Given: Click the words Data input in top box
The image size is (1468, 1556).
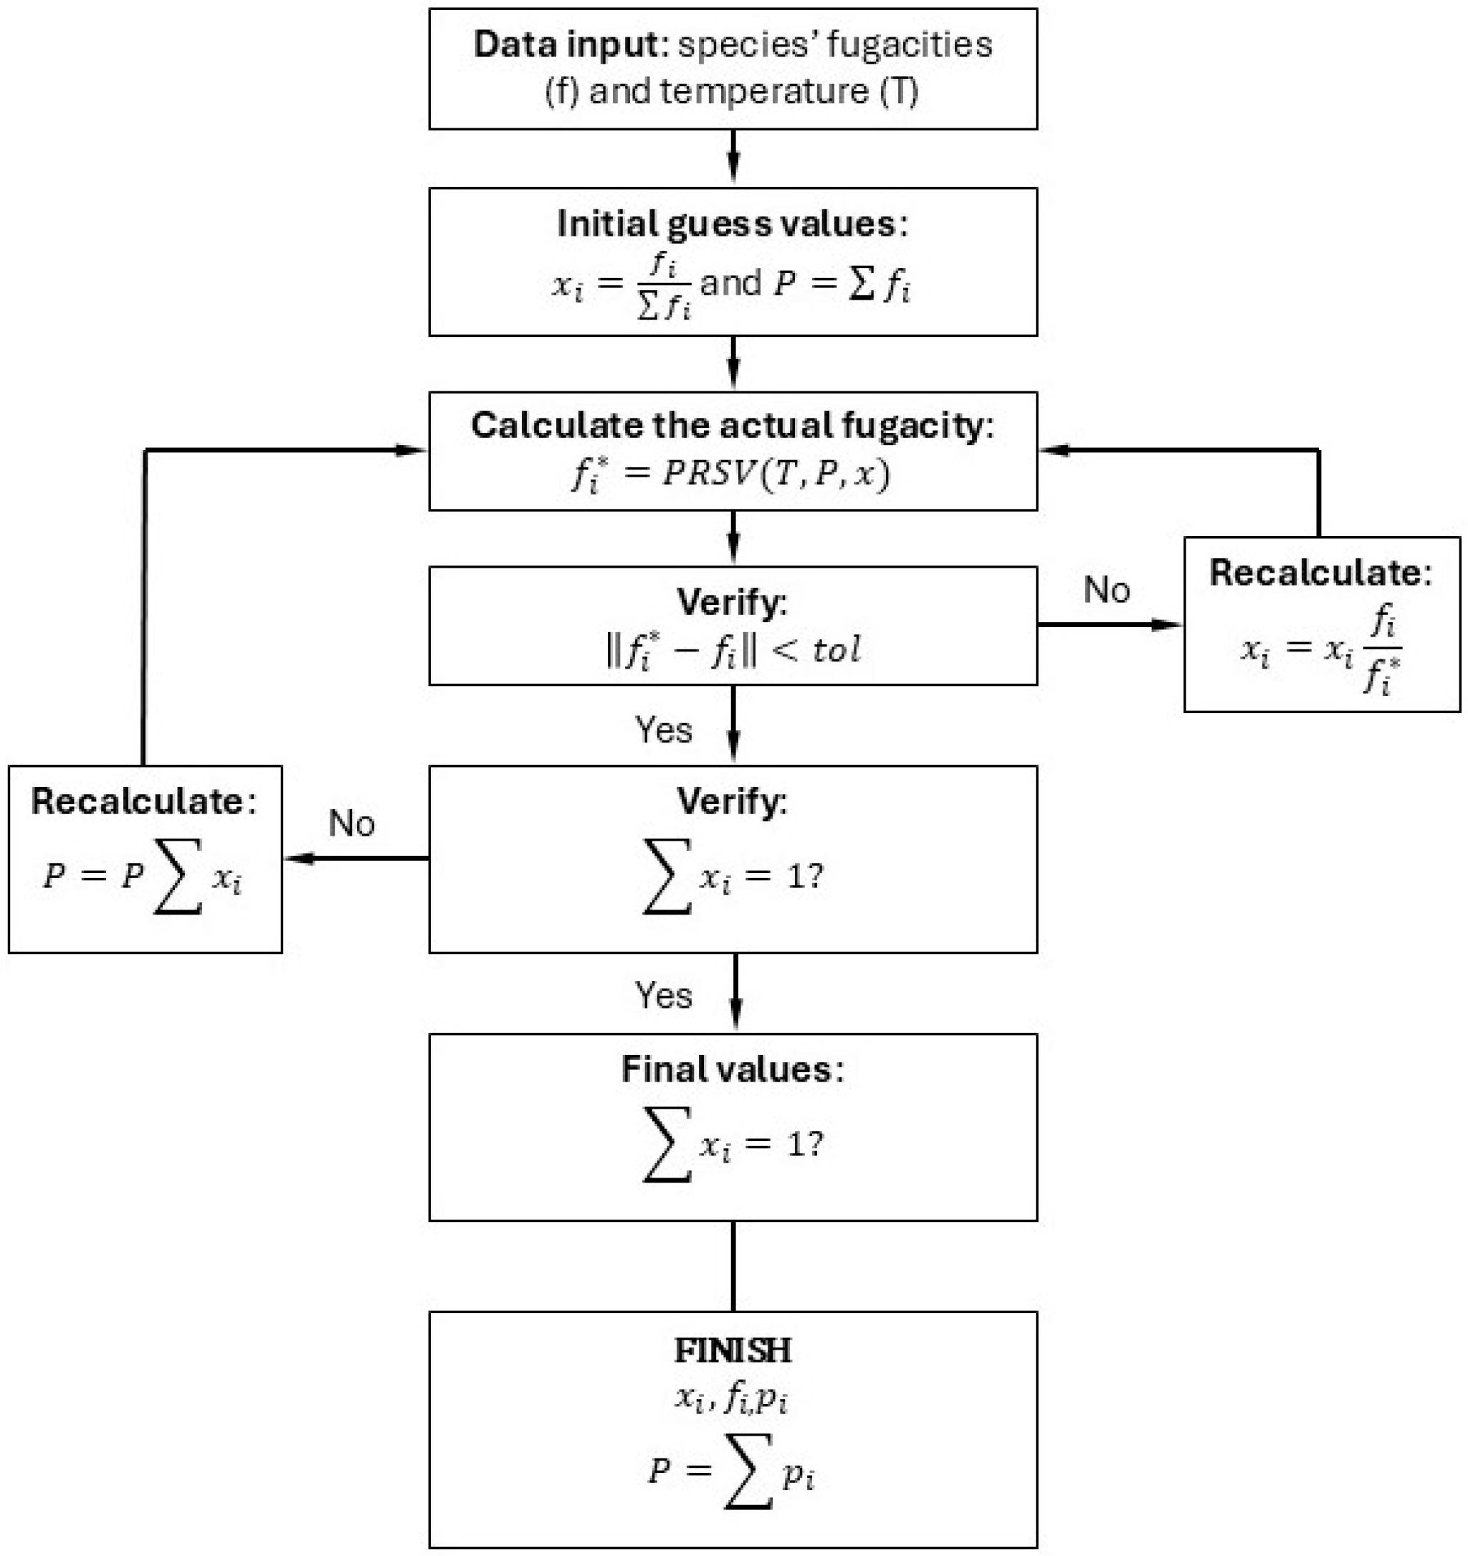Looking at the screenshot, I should point(568,44).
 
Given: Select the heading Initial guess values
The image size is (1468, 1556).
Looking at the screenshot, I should point(732,224).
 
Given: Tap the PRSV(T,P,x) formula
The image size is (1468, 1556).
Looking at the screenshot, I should point(732,474).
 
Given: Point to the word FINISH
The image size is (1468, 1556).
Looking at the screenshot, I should point(733,1350).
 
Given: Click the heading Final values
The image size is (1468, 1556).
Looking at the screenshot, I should point(732,1069).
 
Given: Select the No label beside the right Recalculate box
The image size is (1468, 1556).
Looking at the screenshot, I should point(1106,590).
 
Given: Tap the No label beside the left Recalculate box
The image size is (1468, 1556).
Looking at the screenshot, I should point(351,824).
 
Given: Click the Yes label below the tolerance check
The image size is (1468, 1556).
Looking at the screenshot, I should point(663,730).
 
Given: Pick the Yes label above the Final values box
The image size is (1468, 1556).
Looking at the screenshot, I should point(663,996).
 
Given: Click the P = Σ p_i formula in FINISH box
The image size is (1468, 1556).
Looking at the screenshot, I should point(732,1471).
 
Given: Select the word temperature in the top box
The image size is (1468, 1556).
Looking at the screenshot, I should point(764,92).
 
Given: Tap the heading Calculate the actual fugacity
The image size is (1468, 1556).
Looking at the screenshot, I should point(732,426).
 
